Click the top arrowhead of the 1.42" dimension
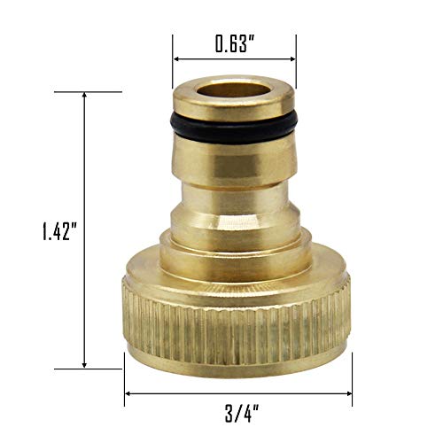(x=85, y=97)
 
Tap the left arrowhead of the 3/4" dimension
(x=129, y=390)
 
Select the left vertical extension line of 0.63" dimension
(x=172, y=58)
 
